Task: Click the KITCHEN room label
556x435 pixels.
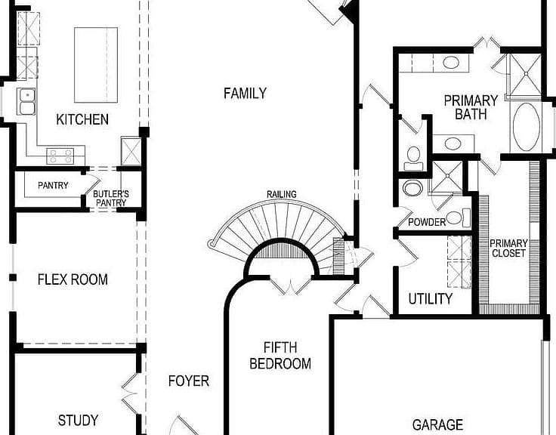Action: [x=82, y=119]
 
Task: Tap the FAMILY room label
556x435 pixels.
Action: [x=245, y=93]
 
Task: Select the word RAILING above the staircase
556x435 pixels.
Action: [x=282, y=194]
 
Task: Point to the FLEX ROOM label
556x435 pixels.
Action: [x=73, y=279]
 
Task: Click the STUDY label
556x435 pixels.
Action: [x=78, y=420]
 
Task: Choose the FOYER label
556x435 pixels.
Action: [x=189, y=381]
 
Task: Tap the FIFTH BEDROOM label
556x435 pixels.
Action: [x=280, y=356]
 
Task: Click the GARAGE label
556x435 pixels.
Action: [x=437, y=424]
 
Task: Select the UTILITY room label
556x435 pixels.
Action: [x=430, y=299]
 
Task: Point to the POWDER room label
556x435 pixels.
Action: [x=427, y=222]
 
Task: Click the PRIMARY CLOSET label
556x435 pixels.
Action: [x=508, y=248]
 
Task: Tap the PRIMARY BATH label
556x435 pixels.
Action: [x=471, y=107]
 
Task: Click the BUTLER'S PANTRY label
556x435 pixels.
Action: [x=111, y=199]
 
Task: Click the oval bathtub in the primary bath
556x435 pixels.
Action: [x=527, y=127]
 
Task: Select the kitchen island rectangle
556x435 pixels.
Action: [x=96, y=65]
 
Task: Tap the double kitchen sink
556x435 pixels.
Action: [x=27, y=102]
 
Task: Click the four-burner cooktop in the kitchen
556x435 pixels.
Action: [x=60, y=156]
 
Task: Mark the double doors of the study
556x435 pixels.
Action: [x=131, y=393]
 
